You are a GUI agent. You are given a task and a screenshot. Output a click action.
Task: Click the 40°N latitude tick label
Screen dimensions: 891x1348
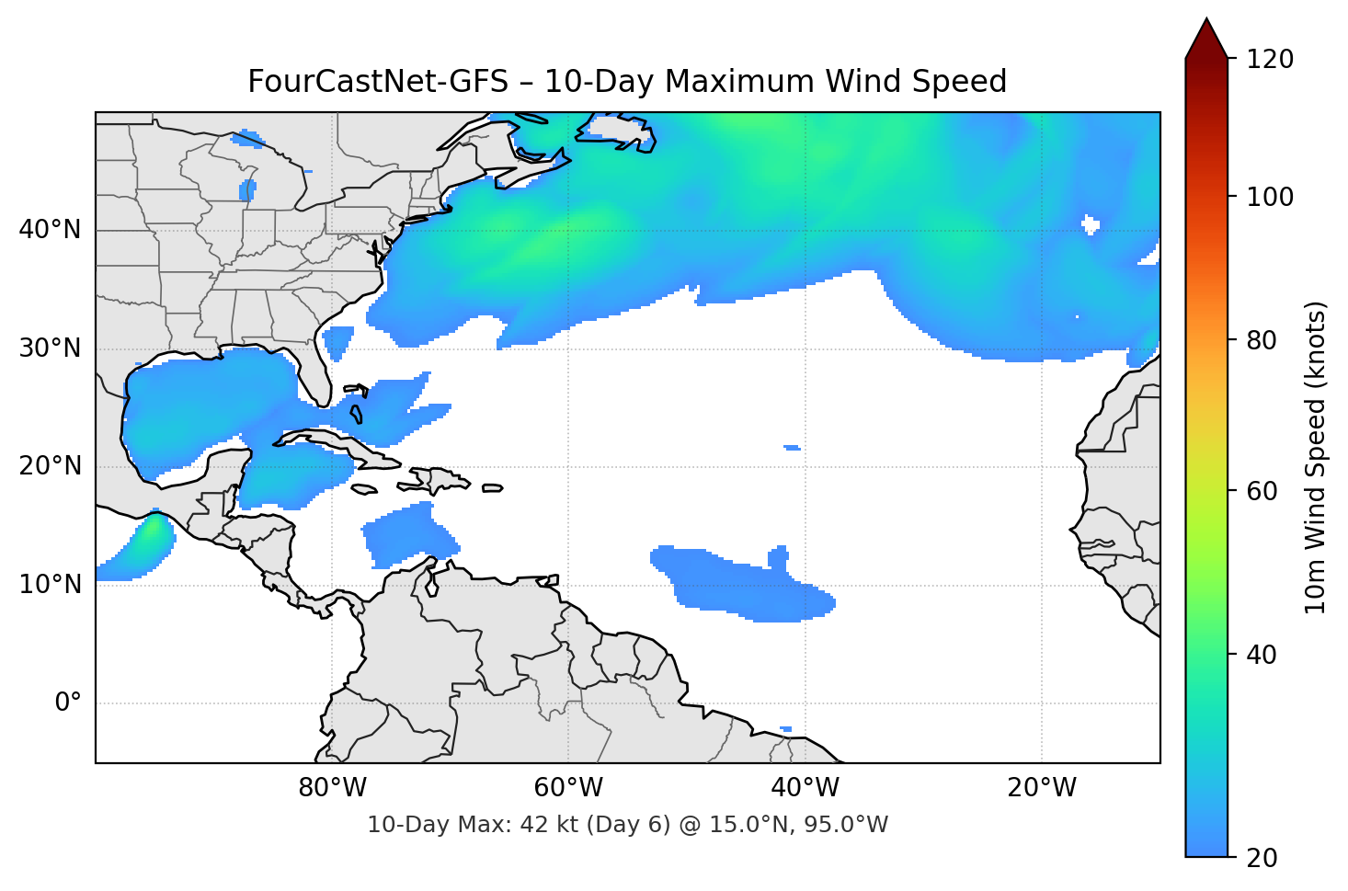(50, 230)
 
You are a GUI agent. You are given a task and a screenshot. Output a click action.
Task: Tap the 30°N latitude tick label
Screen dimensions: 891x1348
(50, 348)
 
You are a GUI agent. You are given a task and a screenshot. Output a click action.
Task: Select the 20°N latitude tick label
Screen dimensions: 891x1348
(50, 466)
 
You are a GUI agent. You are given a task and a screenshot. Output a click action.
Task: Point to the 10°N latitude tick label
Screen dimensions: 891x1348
(50, 585)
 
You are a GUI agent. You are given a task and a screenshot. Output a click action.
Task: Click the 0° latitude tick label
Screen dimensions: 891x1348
(68, 703)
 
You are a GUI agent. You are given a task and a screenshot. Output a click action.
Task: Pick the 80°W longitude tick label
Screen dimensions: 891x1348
(333, 788)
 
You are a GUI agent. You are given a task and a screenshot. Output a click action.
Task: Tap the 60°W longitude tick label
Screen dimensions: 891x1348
(569, 788)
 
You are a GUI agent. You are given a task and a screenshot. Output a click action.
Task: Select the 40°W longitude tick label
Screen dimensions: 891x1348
(805, 788)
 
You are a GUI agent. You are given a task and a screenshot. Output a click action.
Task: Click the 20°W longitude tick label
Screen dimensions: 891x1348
(1042, 788)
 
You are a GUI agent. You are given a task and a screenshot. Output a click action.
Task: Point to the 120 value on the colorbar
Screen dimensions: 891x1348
(1270, 60)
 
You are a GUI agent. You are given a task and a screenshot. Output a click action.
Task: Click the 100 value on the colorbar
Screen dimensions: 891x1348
(1270, 197)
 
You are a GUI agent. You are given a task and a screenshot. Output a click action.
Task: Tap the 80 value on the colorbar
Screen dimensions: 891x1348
(1262, 340)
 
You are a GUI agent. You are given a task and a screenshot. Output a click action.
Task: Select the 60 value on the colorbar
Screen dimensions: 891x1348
(1262, 491)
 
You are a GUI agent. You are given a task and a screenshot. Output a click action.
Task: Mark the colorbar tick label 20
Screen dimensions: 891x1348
(1262, 858)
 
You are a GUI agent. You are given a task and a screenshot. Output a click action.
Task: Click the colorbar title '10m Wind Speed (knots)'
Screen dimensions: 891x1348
(1316, 457)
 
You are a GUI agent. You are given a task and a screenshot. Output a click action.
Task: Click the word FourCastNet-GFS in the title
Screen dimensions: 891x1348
(377, 82)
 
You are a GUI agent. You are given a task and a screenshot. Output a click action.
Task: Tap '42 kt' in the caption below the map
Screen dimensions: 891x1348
(548, 825)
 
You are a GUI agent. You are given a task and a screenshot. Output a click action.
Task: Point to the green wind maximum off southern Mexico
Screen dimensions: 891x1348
(151, 531)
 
